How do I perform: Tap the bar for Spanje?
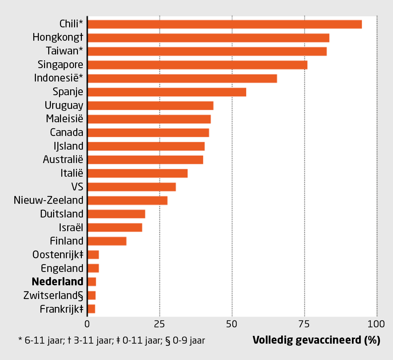[x=167, y=92]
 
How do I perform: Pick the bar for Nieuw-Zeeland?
[x=127, y=200]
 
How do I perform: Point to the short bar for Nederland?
[x=92, y=282]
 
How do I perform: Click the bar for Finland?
[x=107, y=241]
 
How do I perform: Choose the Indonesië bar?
[x=182, y=79]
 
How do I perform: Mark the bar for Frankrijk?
[x=91, y=309]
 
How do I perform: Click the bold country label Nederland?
[x=58, y=282]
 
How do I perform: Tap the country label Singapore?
[x=60, y=65]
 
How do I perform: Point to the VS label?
[x=77, y=187]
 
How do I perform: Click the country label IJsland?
[x=68, y=146]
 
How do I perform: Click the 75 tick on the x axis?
[x=304, y=324]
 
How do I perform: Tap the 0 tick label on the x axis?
[x=87, y=324]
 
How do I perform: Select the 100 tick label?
[x=376, y=324]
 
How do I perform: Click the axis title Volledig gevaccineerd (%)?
[x=316, y=340]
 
